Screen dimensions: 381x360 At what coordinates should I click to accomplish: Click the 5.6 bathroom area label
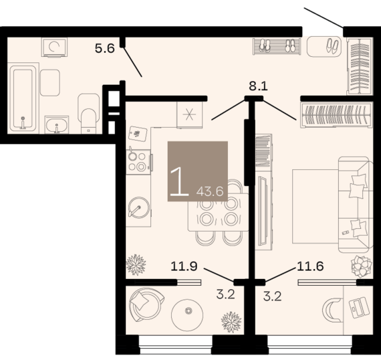click(x=105, y=48)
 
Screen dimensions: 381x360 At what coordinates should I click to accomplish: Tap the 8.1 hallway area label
click(x=258, y=86)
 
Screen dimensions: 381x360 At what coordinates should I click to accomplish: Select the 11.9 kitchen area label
click(x=184, y=266)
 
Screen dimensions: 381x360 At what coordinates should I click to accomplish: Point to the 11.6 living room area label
click(x=310, y=266)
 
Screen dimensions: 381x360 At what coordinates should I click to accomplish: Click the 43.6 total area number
click(x=210, y=191)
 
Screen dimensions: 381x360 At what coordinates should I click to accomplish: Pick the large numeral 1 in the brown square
click(x=179, y=181)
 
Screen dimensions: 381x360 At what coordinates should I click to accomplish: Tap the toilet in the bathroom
click(x=88, y=113)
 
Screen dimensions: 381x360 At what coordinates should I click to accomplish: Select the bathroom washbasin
click(x=57, y=124)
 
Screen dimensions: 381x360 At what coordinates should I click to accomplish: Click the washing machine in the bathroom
click(x=54, y=47)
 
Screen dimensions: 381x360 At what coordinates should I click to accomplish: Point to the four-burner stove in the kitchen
click(x=138, y=162)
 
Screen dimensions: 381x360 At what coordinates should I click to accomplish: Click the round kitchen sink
click(x=139, y=207)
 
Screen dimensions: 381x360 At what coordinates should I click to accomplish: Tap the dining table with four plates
click(x=218, y=211)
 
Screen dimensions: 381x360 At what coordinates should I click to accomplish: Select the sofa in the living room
click(x=356, y=205)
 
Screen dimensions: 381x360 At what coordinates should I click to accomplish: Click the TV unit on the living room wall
click(x=263, y=211)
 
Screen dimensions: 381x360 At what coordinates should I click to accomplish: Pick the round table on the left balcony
click(x=187, y=315)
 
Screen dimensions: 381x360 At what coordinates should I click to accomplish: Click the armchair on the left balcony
click(x=146, y=305)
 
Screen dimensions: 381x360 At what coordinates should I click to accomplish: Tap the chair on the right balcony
click(x=332, y=310)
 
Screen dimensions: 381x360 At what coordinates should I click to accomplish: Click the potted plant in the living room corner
click(x=362, y=266)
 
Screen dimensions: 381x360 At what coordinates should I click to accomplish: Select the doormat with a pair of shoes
click(x=324, y=46)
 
